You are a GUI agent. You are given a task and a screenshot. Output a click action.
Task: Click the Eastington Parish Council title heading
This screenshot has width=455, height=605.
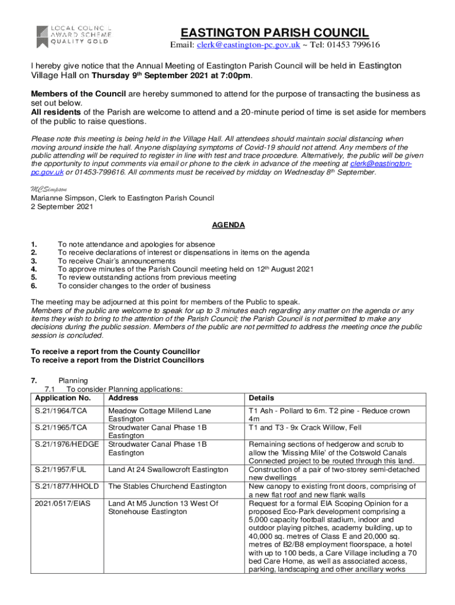click(275, 32)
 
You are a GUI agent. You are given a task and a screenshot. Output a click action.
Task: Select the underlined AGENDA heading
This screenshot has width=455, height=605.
click(228, 225)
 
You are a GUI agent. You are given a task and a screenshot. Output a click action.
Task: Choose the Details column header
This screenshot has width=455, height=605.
click(261, 398)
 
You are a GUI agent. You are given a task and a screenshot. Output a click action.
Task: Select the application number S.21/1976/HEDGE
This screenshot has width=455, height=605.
click(67, 444)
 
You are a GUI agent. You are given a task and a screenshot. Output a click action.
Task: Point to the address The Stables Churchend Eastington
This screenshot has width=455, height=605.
click(167, 486)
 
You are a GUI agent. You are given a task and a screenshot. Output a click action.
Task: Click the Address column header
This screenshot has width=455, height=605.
click(123, 398)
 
